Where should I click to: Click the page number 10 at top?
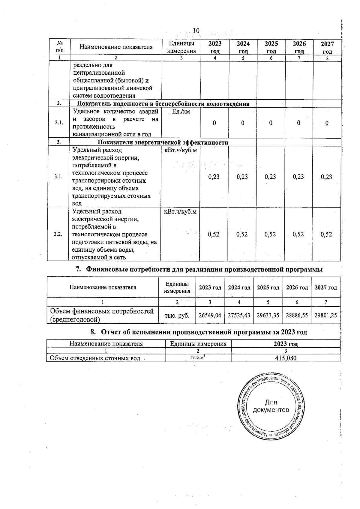click(x=196, y=31)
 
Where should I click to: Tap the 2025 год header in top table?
click(x=271, y=47)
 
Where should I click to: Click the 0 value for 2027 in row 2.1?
click(x=327, y=123)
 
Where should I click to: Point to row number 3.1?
click(x=58, y=177)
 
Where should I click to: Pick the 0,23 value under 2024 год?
click(x=242, y=177)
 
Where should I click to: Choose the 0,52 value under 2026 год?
click(x=298, y=234)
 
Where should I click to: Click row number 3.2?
click(x=58, y=234)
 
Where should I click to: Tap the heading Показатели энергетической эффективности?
click(x=163, y=142)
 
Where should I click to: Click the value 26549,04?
click(x=210, y=315)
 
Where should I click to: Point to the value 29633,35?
click(x=268, y=315)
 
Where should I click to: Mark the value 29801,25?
click(x=325, y=315)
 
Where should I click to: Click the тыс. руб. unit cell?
click(x=177, y=315)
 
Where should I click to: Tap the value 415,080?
click(x=286, y=358)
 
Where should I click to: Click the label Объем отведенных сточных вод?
click(x=95, y=358)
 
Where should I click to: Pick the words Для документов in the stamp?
click(x=271, y=406)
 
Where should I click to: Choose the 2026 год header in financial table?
click(x=297, y=288)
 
